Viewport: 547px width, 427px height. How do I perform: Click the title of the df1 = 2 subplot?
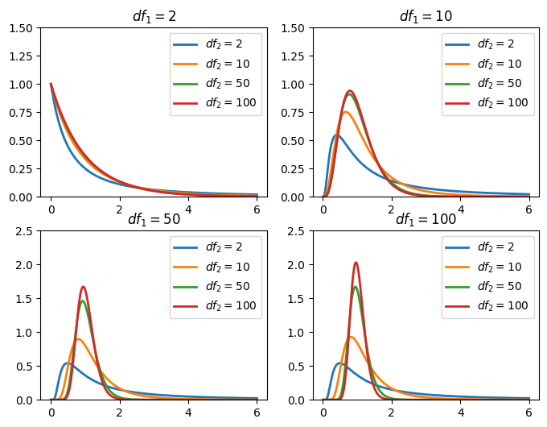(x=154, y=17)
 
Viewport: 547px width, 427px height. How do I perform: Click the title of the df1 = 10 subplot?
(x=426, y=17)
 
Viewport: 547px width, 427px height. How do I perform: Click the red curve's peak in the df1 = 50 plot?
(x=83, y=287)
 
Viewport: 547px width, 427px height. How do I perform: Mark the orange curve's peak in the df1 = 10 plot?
(x=346, y=112)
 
